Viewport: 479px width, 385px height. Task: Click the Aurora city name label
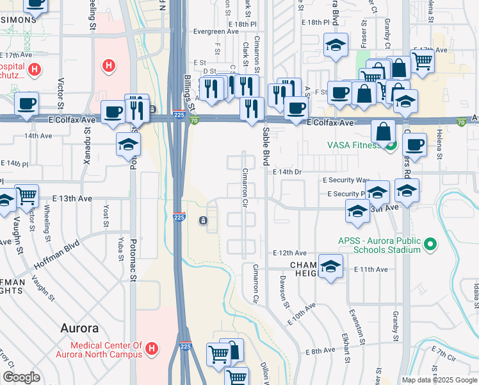point(79,328)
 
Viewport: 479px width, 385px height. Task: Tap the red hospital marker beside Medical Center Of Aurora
point(152,349)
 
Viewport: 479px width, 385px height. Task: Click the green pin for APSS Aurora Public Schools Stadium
point(431,244)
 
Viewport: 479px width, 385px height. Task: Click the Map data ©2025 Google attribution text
point(439,380)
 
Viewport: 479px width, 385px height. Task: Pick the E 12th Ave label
point(289,253)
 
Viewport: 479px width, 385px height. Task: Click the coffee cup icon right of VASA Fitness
point(414,144)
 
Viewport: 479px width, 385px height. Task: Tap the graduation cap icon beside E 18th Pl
point(336,45)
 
